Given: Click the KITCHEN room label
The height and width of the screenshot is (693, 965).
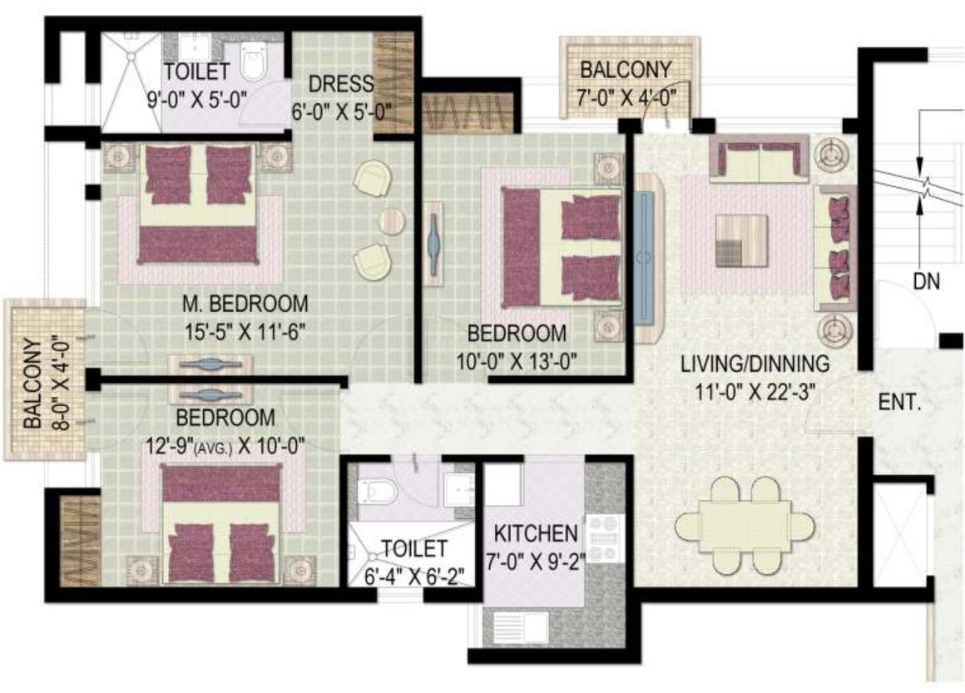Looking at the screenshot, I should tap(535, 532).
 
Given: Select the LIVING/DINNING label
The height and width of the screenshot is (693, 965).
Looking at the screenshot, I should tap(755, 364).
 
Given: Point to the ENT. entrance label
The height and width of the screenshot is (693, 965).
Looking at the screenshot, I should tap(899, 405).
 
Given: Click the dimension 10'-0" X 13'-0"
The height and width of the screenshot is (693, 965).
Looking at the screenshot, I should tap(517, 360).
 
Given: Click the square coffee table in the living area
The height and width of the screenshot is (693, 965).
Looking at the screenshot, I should tap(740, 240).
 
